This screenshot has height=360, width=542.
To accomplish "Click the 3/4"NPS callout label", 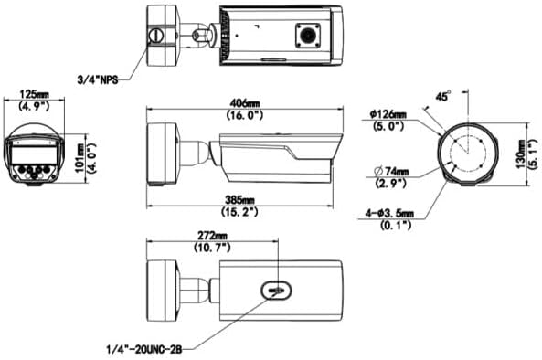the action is pos(98,80).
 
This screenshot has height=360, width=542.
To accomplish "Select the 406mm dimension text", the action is pos(245,103).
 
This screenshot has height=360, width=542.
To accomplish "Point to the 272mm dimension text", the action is pos(212,236).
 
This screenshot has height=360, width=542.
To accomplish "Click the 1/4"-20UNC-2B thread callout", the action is pos(143,349).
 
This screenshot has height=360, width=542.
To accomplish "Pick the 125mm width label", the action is pos(34,94).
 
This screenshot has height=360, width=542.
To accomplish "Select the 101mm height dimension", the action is pos(80,159).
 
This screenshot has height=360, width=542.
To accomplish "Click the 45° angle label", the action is pos(443,96).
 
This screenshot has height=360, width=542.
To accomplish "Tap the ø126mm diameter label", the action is pos(388,114).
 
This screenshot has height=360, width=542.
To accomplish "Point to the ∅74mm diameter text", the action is pos(391,171).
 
